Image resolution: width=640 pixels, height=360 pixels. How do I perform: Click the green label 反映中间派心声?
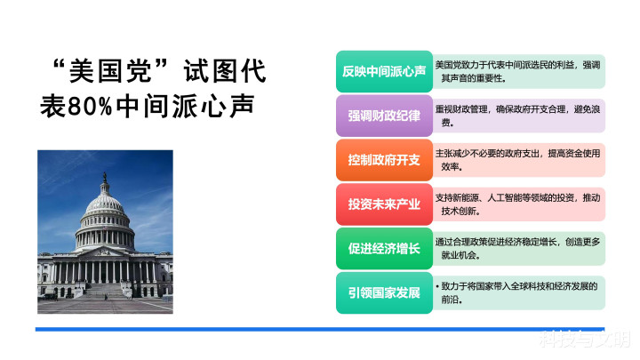point(384,71)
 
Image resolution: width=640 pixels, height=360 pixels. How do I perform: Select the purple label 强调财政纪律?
point(384,116)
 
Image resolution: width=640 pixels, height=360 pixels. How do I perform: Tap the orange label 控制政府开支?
point(384,160)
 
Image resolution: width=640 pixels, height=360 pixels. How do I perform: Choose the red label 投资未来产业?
point(384,204)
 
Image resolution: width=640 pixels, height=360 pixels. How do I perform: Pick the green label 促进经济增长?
point(384,249)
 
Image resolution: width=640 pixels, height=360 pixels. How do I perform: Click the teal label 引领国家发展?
point(384,292)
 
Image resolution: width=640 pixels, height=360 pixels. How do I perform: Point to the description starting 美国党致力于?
point(517,71)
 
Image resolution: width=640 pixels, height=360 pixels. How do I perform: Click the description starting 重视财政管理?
point(517,116)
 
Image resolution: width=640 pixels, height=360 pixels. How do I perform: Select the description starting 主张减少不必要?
point(517,160)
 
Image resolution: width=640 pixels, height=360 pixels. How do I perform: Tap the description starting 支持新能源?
point(517,204)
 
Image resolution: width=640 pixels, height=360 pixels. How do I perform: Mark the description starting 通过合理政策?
point(517,249)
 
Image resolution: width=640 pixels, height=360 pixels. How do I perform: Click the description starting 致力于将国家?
point(516,292)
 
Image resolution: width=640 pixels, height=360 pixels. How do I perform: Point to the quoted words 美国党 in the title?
point(109,71)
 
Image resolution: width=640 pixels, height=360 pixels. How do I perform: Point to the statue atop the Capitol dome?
point(105,177)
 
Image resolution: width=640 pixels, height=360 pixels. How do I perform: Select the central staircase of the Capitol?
point(105,290)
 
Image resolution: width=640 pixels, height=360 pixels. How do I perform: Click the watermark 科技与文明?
point(585,339)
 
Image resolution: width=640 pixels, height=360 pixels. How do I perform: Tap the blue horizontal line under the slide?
point(320,329)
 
